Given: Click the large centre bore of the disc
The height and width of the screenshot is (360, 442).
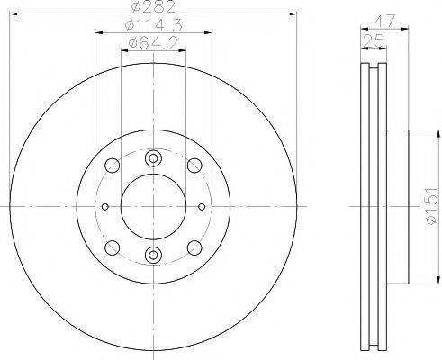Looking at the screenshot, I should (153, 206).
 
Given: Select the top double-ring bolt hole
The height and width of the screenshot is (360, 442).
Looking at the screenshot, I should (153, 158).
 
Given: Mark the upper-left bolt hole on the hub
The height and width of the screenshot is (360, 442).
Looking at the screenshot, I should (112, 166).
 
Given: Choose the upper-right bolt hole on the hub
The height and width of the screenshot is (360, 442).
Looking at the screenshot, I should (194, 166).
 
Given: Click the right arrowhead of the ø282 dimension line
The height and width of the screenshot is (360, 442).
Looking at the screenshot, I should (293, 13).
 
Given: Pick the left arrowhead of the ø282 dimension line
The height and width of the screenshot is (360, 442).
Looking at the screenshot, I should (13, 13).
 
